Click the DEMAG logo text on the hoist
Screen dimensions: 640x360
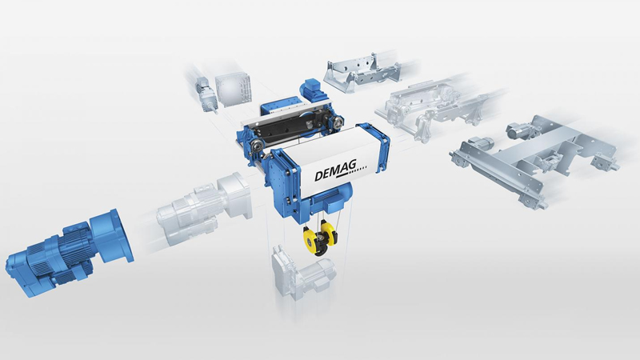coord(335,170)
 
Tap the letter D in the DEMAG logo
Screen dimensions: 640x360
coord(318,176)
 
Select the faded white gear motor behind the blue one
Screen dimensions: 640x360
coord(204,210)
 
